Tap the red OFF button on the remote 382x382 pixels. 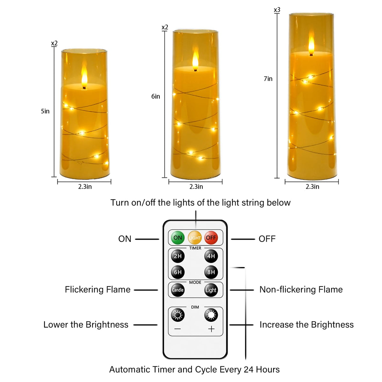pos(211,238)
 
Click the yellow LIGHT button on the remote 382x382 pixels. pos(195,238)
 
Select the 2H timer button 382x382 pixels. pos(178,256)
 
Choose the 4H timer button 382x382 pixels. pos(211,256)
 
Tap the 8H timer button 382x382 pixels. pos(211,272)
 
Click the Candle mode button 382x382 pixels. pos(178,290)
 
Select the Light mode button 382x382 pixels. pos(211,290)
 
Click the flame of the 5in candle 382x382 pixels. pos(84,75)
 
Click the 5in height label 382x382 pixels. pos(45,111)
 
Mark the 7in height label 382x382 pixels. pos(268,79)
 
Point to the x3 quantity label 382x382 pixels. pos(277,10)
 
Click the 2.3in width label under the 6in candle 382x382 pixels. pos(196,187)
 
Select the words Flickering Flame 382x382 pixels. pos(97,289)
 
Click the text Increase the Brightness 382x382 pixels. pos(307,324)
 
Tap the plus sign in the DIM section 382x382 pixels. pos(211,329)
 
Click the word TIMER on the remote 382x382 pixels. pos(195,248)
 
